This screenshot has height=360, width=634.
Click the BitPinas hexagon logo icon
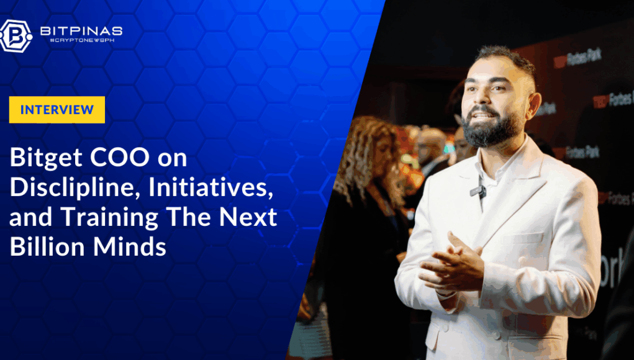coord(16,36)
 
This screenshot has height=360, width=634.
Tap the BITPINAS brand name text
coord(81,31)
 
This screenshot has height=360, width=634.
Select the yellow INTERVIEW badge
coord(57,109)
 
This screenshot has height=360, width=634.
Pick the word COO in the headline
coord(120,158)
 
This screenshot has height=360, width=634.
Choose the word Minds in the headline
coord(130,246)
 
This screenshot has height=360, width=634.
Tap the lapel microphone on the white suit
coord(478,191)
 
